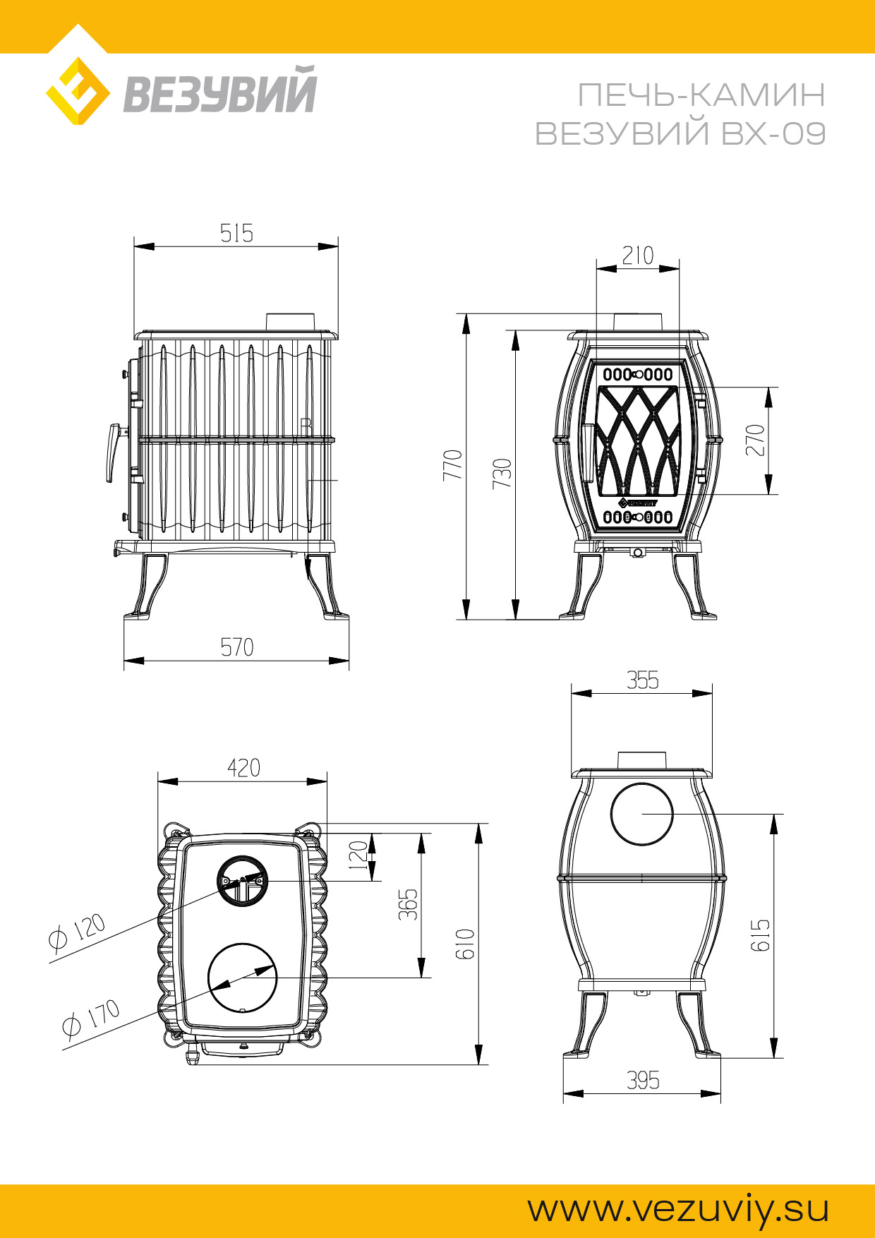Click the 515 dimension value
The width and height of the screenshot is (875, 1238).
236,233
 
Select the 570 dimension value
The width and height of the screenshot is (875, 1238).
236,647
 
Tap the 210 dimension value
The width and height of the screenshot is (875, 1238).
638,256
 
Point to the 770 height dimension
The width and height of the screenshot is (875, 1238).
452,465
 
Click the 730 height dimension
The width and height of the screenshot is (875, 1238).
502,474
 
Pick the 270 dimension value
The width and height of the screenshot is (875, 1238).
755,440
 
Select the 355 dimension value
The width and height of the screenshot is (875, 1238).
643,680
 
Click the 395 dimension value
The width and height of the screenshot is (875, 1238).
643,1081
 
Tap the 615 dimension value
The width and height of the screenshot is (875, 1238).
760,935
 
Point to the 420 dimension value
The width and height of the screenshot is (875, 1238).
243,768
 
